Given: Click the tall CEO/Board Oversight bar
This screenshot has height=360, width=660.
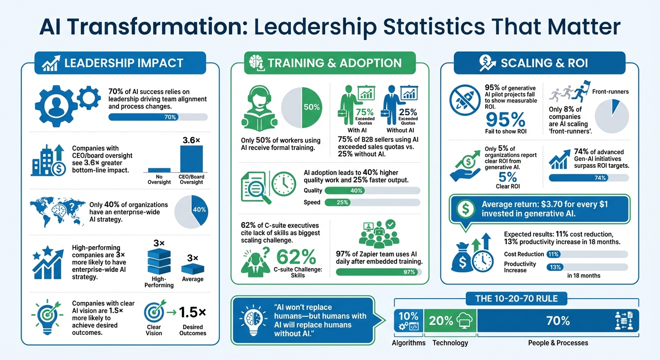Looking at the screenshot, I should point(192,159).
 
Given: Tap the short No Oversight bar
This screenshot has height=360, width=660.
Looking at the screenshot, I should point(159,171).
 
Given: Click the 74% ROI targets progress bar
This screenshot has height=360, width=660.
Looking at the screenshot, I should point(588,178).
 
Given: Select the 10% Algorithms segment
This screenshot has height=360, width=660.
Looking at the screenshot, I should point(408,321).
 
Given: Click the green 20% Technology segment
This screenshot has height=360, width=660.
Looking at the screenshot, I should point(450,321).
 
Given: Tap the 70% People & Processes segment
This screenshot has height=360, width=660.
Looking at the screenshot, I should point(557,321).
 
